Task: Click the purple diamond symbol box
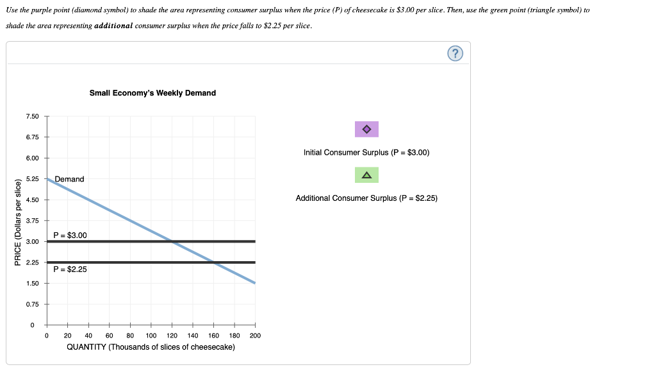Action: click(x=366, y=129)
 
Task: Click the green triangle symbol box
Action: click(x=366, y=175)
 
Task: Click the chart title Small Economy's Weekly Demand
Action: click(x=152, y=93)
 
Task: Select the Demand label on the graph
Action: click(x=69, y=179)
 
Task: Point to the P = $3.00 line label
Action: click(x=70, y=235)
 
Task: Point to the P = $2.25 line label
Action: click(x=70, y=269)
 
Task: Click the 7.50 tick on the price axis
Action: click(x=32, y=116)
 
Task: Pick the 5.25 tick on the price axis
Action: click(x=32, y=179)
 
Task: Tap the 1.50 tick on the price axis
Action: click(x=32, y=284)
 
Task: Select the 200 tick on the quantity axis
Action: click(x=255, y=335)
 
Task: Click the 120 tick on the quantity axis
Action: click(x=172, y=335)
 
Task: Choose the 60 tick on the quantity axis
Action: click(x=109, y=335)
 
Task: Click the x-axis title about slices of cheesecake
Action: click(x=151, y=347)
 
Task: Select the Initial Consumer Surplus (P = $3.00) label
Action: click(x=366, y=153)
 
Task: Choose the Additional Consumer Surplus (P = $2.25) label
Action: click(x=366, y=198)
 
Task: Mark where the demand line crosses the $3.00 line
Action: click(x=172, y=241)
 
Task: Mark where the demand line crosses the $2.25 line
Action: click(x=213, y=262)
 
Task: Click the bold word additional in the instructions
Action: click(x=113, y=25)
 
